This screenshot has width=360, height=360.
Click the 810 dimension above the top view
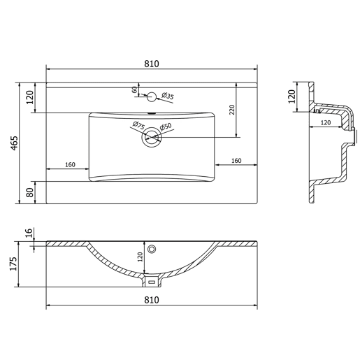[x=152, y=64]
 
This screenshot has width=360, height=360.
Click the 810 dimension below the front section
[x=152, y=300]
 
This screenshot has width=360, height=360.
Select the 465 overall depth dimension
[x=14, y=143]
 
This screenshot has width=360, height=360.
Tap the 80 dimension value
[x=30, y=192]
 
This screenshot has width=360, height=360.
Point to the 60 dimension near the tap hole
[x=135, y=89]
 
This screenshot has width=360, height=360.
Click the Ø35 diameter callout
[x=168, y=96]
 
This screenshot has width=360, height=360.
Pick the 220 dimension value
[x=232, y=110]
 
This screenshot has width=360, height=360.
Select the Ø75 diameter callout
[x=138, y=125]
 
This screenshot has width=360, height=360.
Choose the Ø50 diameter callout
[x=166, y=127]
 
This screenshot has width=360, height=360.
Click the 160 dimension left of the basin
[x=70, y=165]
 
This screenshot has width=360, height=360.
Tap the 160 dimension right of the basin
[x=236, y=161]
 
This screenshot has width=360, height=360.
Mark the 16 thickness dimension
[x=29, y=233]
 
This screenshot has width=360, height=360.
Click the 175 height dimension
[x=14, y=264]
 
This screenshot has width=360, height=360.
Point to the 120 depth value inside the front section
[x=140, y=257]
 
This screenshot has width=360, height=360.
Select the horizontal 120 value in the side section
[x=326, y=122]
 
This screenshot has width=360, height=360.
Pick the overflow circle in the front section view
[x=152, y=250]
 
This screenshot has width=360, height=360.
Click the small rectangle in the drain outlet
[x=152, y=282]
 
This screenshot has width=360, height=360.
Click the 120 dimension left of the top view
[x=30, y=97]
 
